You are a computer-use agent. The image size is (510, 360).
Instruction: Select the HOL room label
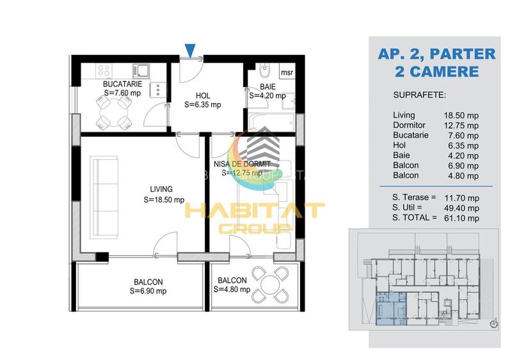coord(203,94)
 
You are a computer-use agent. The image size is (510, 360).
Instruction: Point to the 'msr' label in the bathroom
coord(287,72)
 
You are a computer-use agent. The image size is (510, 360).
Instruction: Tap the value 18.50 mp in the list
coord(463,115)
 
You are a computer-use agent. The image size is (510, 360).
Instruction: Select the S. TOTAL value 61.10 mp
coord(463,217)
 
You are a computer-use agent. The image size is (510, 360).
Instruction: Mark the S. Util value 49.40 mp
coord(463,207)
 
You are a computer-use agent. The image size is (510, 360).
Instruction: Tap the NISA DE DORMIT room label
coord(238,164)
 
